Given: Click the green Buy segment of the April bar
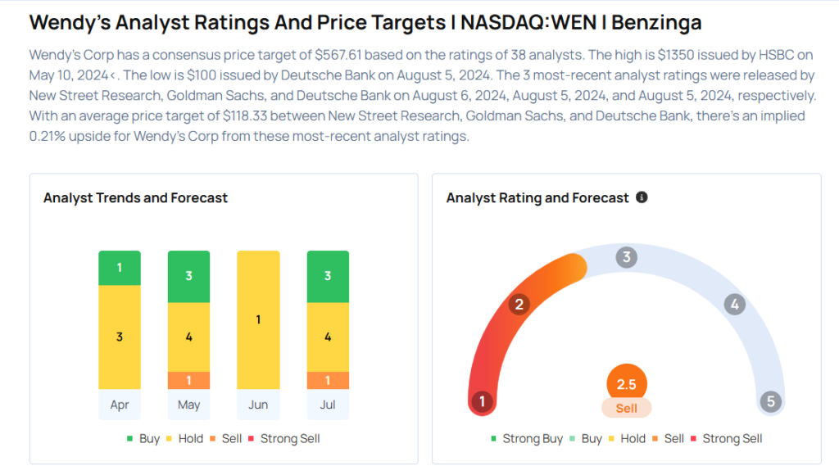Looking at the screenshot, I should (x=120, y=268).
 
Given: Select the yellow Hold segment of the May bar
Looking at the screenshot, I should (x=188, y=337).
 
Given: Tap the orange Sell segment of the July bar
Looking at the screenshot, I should (x=328, y=381).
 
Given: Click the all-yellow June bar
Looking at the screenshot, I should (x=258, y=319).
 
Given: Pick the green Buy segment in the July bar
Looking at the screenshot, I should (x=328, y=275).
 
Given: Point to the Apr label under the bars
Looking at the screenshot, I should (x=120, y=405).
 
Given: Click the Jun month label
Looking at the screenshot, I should (x=258, y=405).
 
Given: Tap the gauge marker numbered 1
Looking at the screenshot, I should (x=483, y=401).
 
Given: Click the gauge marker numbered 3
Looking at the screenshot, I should (x=627, y=257).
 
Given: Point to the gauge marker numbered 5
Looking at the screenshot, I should (x=770, y=401).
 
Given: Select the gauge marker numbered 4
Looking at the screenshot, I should (x=735, y=305).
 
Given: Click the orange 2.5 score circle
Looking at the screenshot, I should (x=627, y=384).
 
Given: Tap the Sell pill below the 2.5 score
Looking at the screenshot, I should (x=627, y=408).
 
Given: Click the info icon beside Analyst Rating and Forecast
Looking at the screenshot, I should (x=642, y=197).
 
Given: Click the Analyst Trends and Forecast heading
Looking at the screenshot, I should (x=135, y=197).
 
